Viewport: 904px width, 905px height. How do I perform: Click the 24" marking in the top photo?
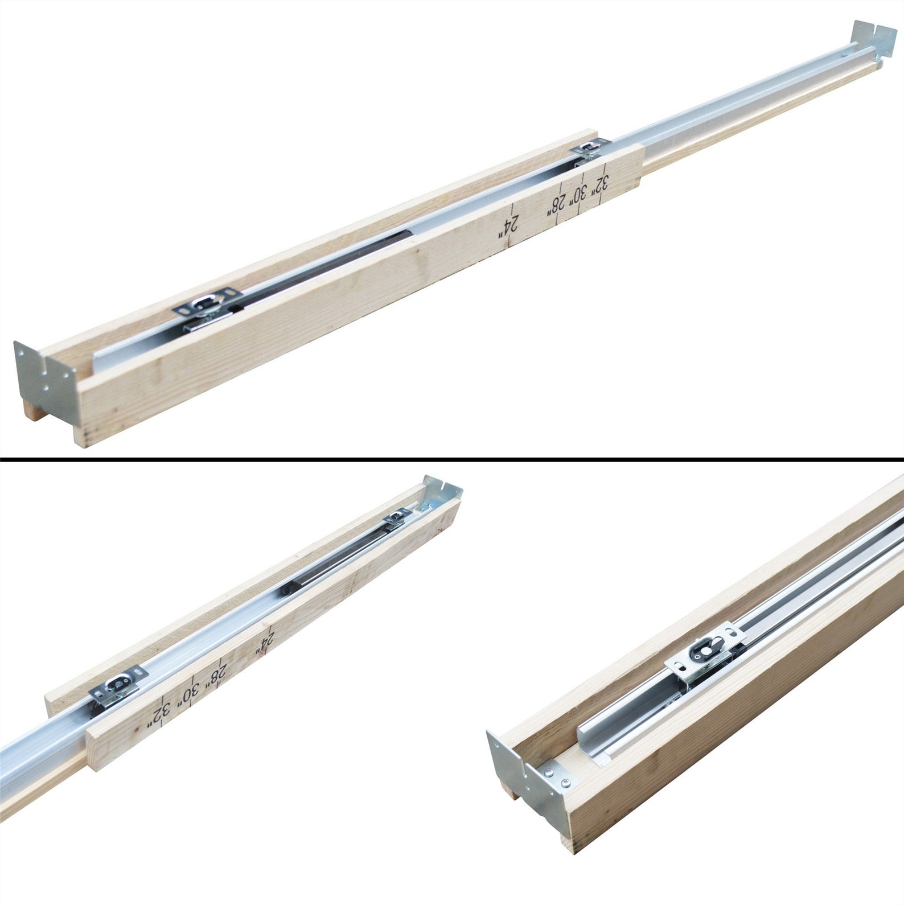511,226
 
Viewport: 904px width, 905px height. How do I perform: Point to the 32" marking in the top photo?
601,185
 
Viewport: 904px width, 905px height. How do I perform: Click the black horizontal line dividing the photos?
452,458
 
